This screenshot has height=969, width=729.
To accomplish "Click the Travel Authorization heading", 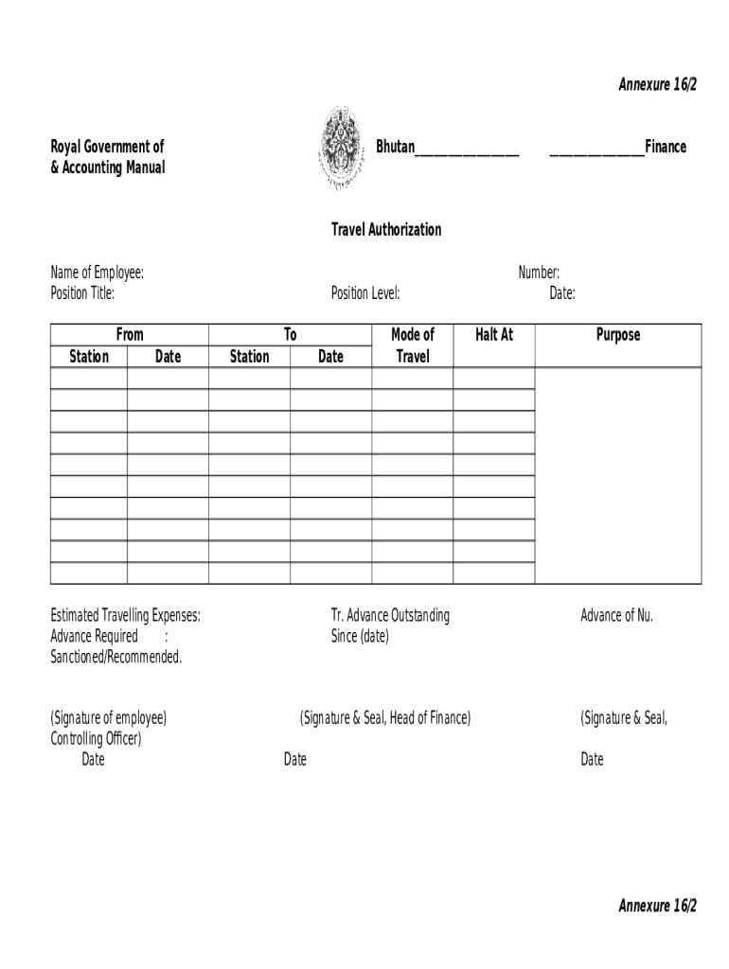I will tap(385, 230).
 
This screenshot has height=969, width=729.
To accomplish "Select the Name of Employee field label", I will tap(97, 273).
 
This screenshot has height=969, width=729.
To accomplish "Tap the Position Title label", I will tap(82, 293).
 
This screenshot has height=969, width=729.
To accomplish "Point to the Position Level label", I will tap(365, 293).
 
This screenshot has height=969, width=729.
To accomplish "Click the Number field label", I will tap(539, 273).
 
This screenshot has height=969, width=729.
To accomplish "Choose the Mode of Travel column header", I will tap(412, 345).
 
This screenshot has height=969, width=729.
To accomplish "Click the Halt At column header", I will tap(493, 335).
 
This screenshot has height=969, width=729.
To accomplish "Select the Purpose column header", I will tap(617, 335).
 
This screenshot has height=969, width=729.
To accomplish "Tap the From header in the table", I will tap(130, 335).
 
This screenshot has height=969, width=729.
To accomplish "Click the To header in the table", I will tap(291, 335).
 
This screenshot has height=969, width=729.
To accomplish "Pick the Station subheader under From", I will tap(89, 357).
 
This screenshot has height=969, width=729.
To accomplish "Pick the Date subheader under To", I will tap(330, 357).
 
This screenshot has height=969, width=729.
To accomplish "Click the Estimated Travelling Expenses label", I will tap(125, 616).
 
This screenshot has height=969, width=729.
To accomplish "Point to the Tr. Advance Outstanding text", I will tap(390, 616).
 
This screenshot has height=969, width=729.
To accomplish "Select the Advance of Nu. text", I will tap(616, 616).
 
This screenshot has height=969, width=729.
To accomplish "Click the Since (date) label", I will tap(360, 637).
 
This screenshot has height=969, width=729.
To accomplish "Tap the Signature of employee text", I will tap(109, 718).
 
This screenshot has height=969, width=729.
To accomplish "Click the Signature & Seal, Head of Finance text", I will tap(384, 718).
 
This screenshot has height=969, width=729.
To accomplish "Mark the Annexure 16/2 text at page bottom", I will tap(657, 906).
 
